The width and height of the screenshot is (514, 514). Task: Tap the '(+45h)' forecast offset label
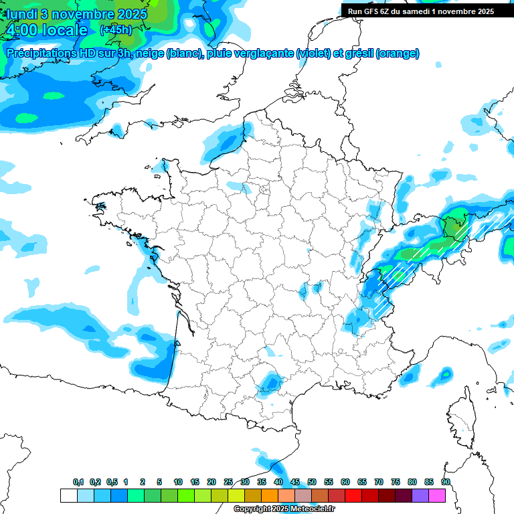[x=116, y=30]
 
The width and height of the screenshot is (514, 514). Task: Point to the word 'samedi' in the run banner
[x=419, y=11]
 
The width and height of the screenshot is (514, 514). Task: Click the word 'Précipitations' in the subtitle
[x=39, y=54]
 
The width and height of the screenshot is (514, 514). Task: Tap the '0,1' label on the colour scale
[x=78, y=482]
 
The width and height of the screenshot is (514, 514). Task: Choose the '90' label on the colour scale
[x=445, y=482]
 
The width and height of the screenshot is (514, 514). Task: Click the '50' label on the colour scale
[x=312, y=482]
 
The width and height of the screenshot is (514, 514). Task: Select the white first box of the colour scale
[x=68, y=495]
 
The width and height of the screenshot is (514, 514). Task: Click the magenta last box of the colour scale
[x=438, y=495]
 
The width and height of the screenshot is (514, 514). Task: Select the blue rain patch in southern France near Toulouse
[x=271, y=382]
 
